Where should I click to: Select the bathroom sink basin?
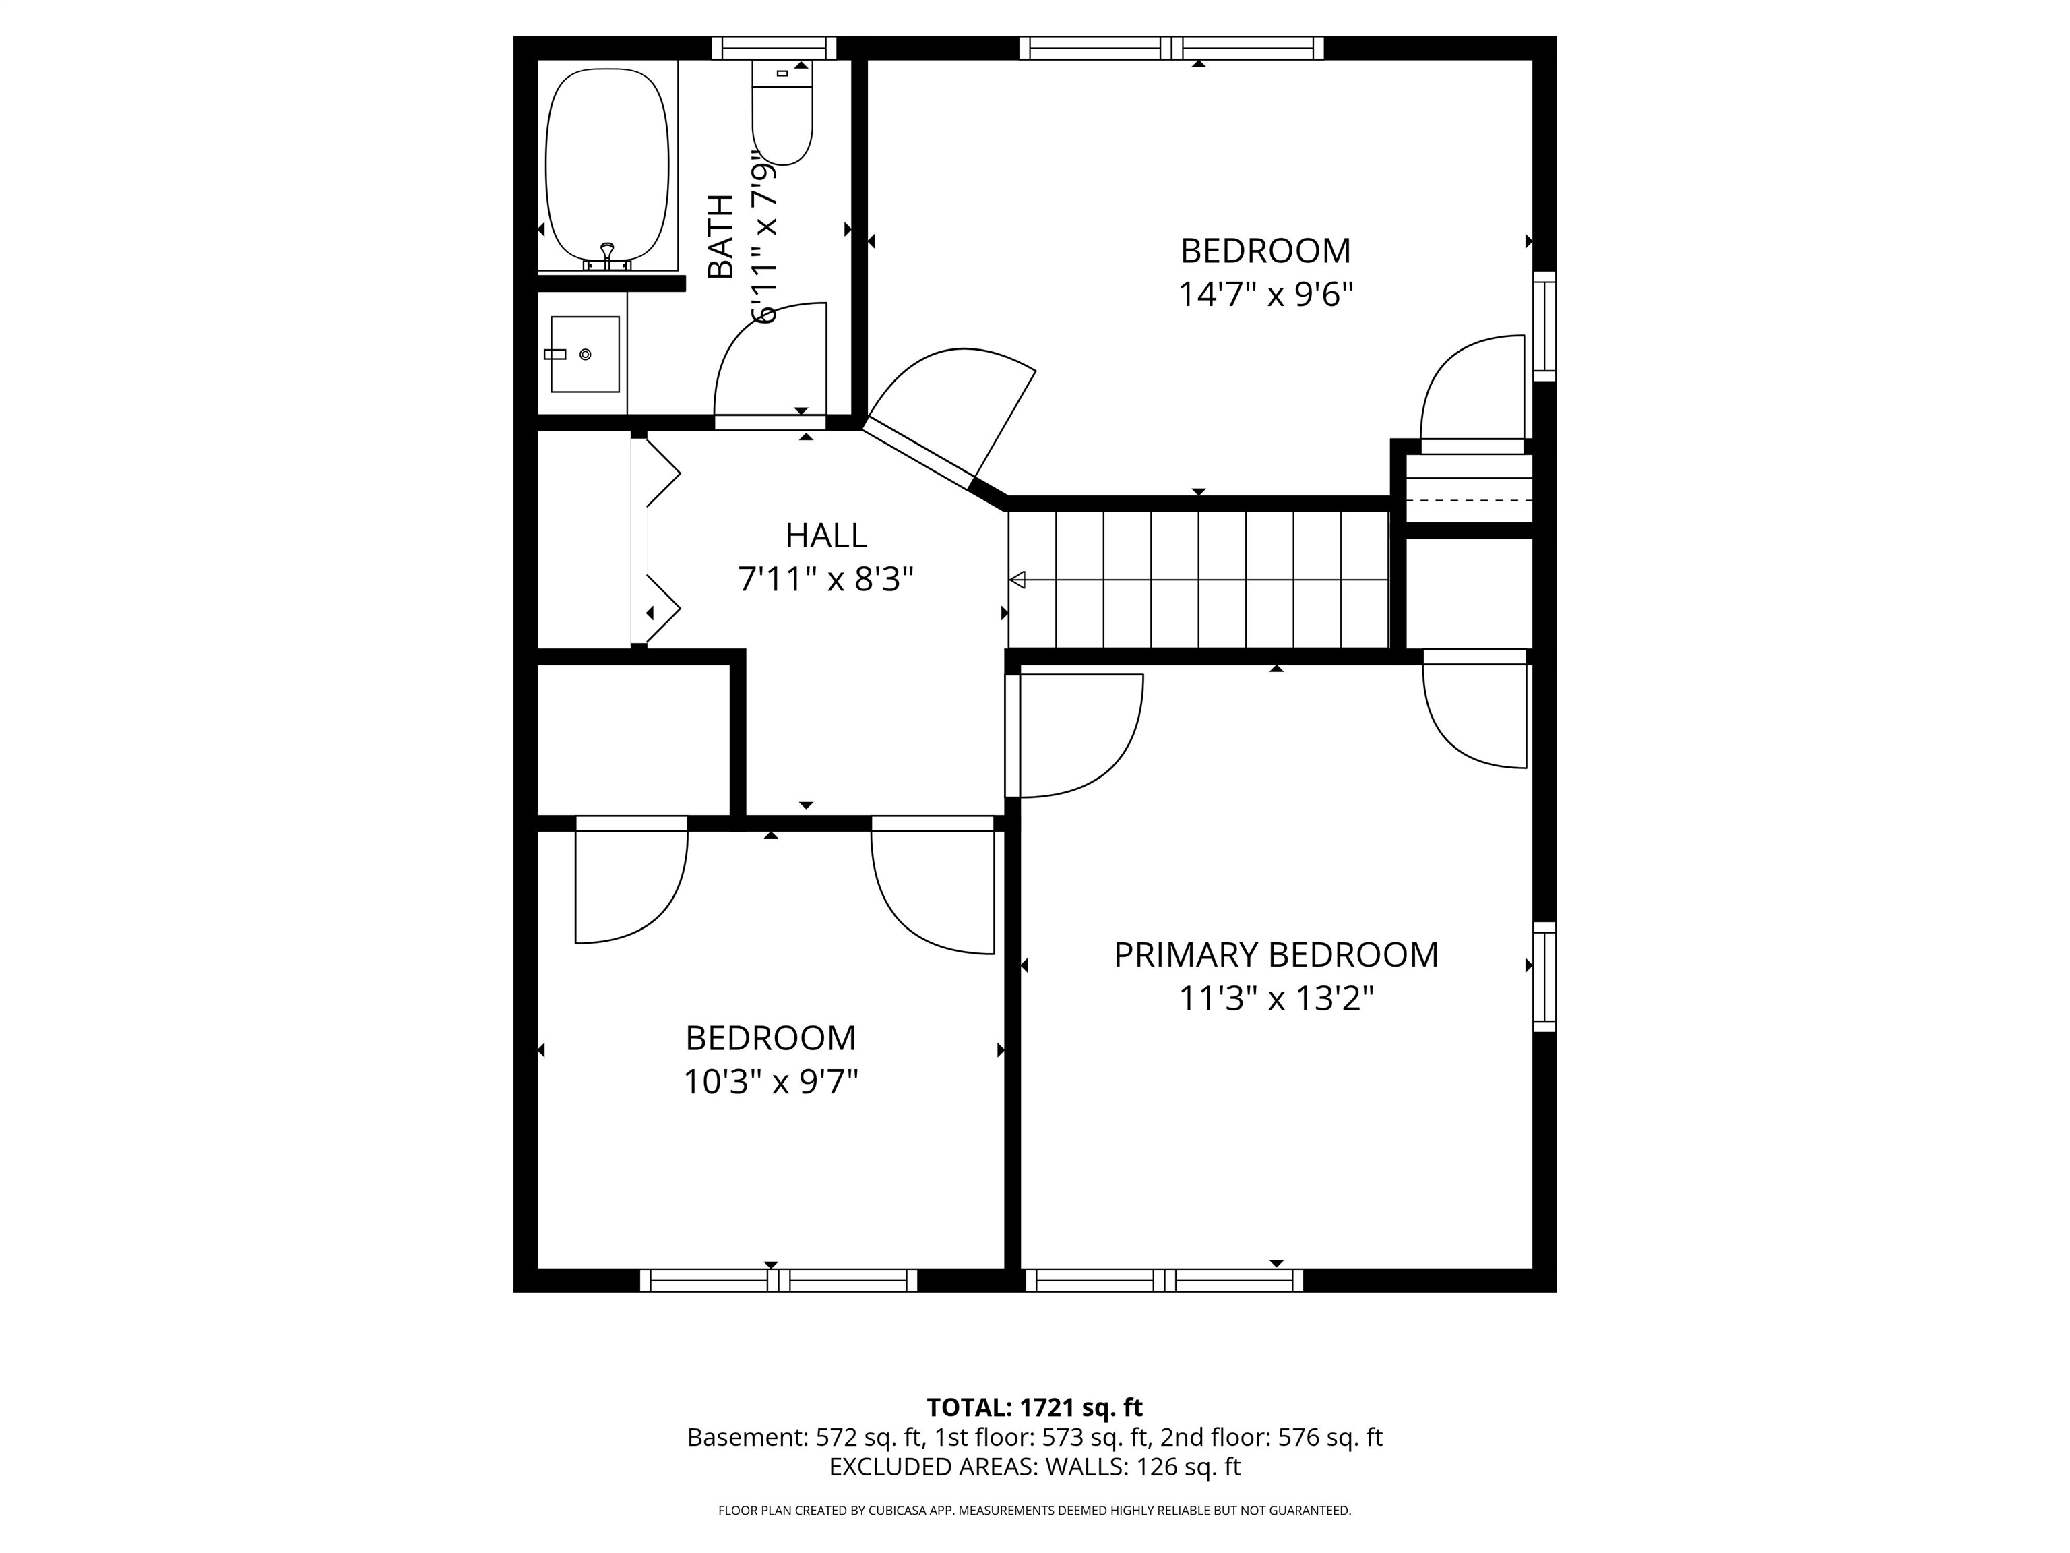click(x=585, y=354)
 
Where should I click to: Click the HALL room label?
click(x=825, y=535)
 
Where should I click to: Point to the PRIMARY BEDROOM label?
click(x=1276, y=955)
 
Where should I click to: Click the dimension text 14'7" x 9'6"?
click(x=1265, y=295)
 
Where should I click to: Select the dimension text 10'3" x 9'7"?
click(x=770, y=1082)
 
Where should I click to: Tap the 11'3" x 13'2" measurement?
click(x=1276, y=999)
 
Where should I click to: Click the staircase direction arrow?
click(x=1018, y=580)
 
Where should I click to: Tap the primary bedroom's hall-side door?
click(x=1076, y=735)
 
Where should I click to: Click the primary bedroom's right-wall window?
click(x=1544, y=977)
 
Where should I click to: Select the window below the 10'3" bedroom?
click(x=778, y=1281)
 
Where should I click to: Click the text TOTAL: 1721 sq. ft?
click(x=1034, y=1407)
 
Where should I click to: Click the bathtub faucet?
click(x=607, y=255)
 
